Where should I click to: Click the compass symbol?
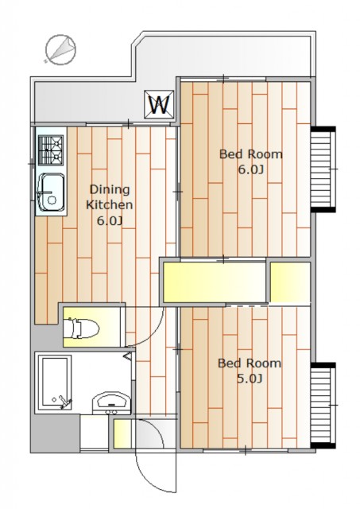60,50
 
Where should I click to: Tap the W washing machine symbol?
159,104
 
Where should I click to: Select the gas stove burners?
51,150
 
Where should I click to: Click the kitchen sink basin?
51,192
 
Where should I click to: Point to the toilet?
81,328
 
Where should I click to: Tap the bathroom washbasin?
111,403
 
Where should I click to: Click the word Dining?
110,189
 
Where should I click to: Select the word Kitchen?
110,205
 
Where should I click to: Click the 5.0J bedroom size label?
249,379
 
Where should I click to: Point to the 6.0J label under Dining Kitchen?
110,221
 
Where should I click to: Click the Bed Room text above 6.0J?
250,153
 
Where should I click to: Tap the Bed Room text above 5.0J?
249,363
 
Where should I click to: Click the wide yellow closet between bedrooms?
215,282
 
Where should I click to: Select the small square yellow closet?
290,282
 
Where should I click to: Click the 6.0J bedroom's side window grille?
323,169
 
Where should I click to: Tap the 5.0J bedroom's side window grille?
323,405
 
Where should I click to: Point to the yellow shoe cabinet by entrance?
122,434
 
